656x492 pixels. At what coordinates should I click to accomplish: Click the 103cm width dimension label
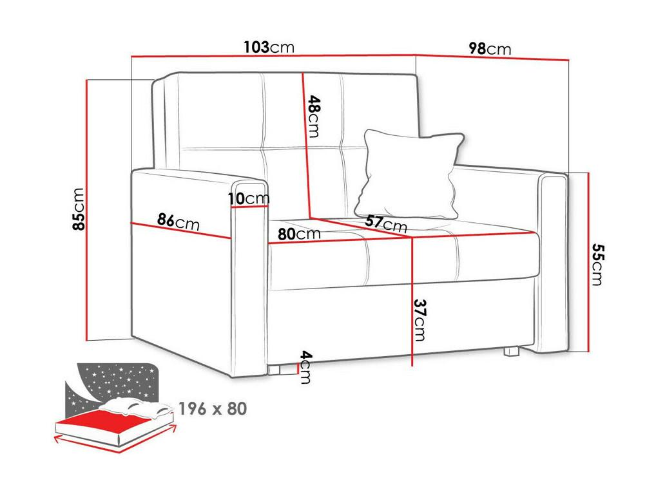pos(269,47)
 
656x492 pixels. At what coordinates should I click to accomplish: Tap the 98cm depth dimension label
pos(490,49)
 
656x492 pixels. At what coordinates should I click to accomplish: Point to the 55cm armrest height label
pos(597,264)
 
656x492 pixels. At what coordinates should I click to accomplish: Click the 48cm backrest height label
pos(314,117)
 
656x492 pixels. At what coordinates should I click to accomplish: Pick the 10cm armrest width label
pos(249,199)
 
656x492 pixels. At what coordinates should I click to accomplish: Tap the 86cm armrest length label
pos(178,222)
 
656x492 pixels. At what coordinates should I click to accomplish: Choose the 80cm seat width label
pos(299,234)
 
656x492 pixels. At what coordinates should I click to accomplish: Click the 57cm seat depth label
pos(386,223)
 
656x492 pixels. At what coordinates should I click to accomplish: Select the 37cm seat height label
pos(420,319)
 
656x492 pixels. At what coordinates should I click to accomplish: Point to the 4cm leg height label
pos(306,368)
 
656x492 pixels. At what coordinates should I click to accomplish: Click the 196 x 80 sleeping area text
pos(213,408)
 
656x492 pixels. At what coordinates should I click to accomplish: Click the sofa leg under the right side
pos(511,352)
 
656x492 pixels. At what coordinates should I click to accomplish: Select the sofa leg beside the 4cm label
pos(275,370)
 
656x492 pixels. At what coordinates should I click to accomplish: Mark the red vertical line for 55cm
pos(588,262)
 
